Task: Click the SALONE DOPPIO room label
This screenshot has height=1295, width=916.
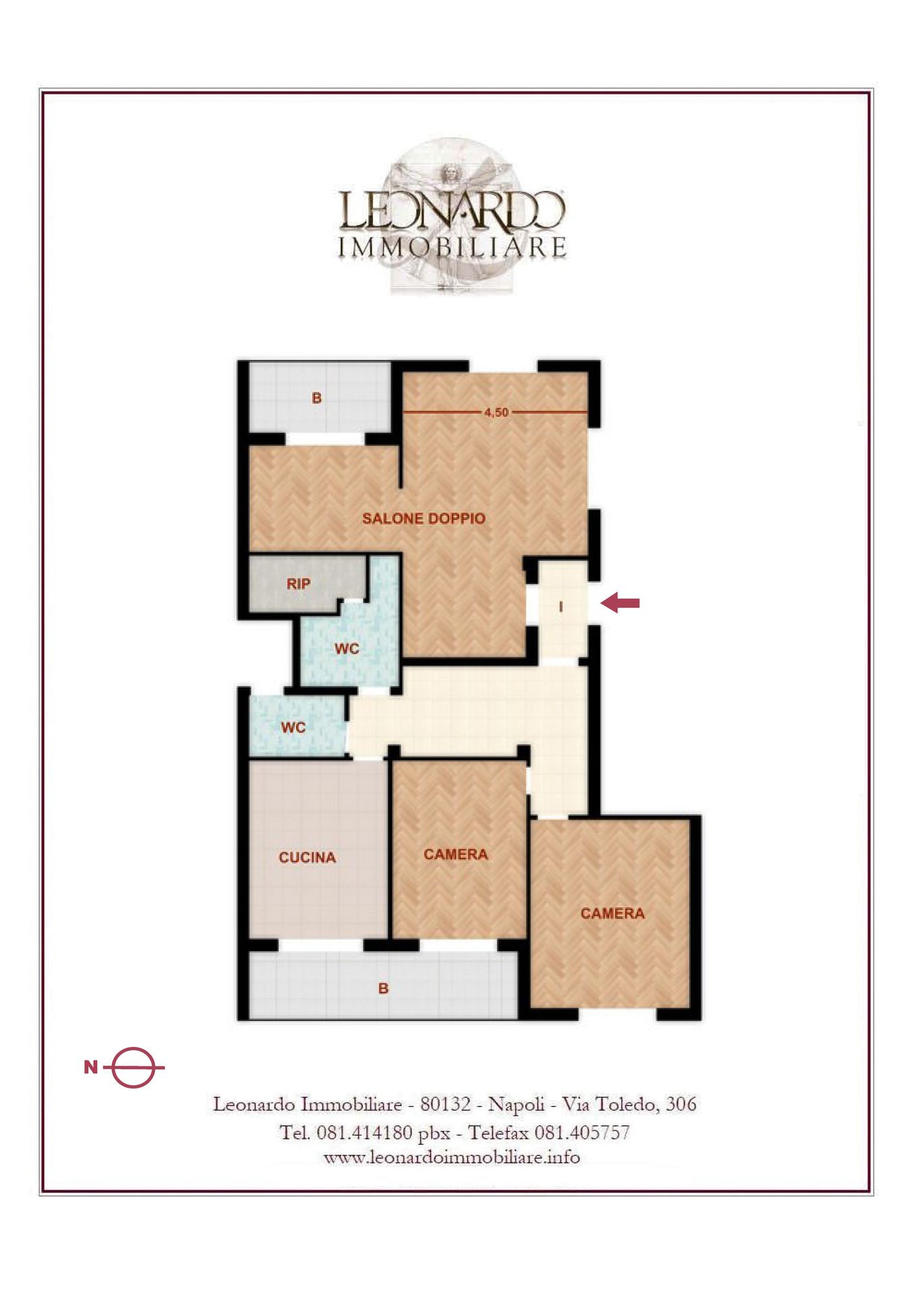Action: [x=424, y=519]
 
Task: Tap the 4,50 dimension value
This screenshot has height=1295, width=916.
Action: [x=496, y=412]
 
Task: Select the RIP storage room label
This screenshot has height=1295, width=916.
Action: [x=298, y=584]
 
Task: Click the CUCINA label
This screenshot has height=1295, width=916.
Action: [x=307, y=857]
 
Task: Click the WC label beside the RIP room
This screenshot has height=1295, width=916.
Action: [x=347, y=649]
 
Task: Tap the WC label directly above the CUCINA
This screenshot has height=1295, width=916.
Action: [x=293, y=728]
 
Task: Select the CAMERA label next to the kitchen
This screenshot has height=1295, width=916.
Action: [x=456, y=855]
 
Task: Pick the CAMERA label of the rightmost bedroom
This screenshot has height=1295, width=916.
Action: [x=612, y=914]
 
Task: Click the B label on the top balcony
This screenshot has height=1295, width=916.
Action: [x=316, y=398]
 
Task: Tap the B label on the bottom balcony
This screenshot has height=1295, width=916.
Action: [x=383, y=989]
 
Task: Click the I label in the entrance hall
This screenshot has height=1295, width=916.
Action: [x=561, y=608]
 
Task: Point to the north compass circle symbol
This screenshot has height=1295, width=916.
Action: [x=134, y=1068]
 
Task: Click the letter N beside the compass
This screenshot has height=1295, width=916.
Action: [x=91, y=1067]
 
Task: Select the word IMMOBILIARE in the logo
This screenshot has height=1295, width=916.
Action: [x=452, y=248]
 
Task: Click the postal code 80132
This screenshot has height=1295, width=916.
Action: [x=445, y=1105]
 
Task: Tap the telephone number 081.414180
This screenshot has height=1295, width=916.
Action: [x=364, y=1132]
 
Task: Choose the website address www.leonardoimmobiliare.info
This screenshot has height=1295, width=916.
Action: [x=452, y=1158]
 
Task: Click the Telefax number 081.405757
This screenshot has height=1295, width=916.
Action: [x=582, y=1132]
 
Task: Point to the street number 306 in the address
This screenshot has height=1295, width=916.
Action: [x=681, y=1105]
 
